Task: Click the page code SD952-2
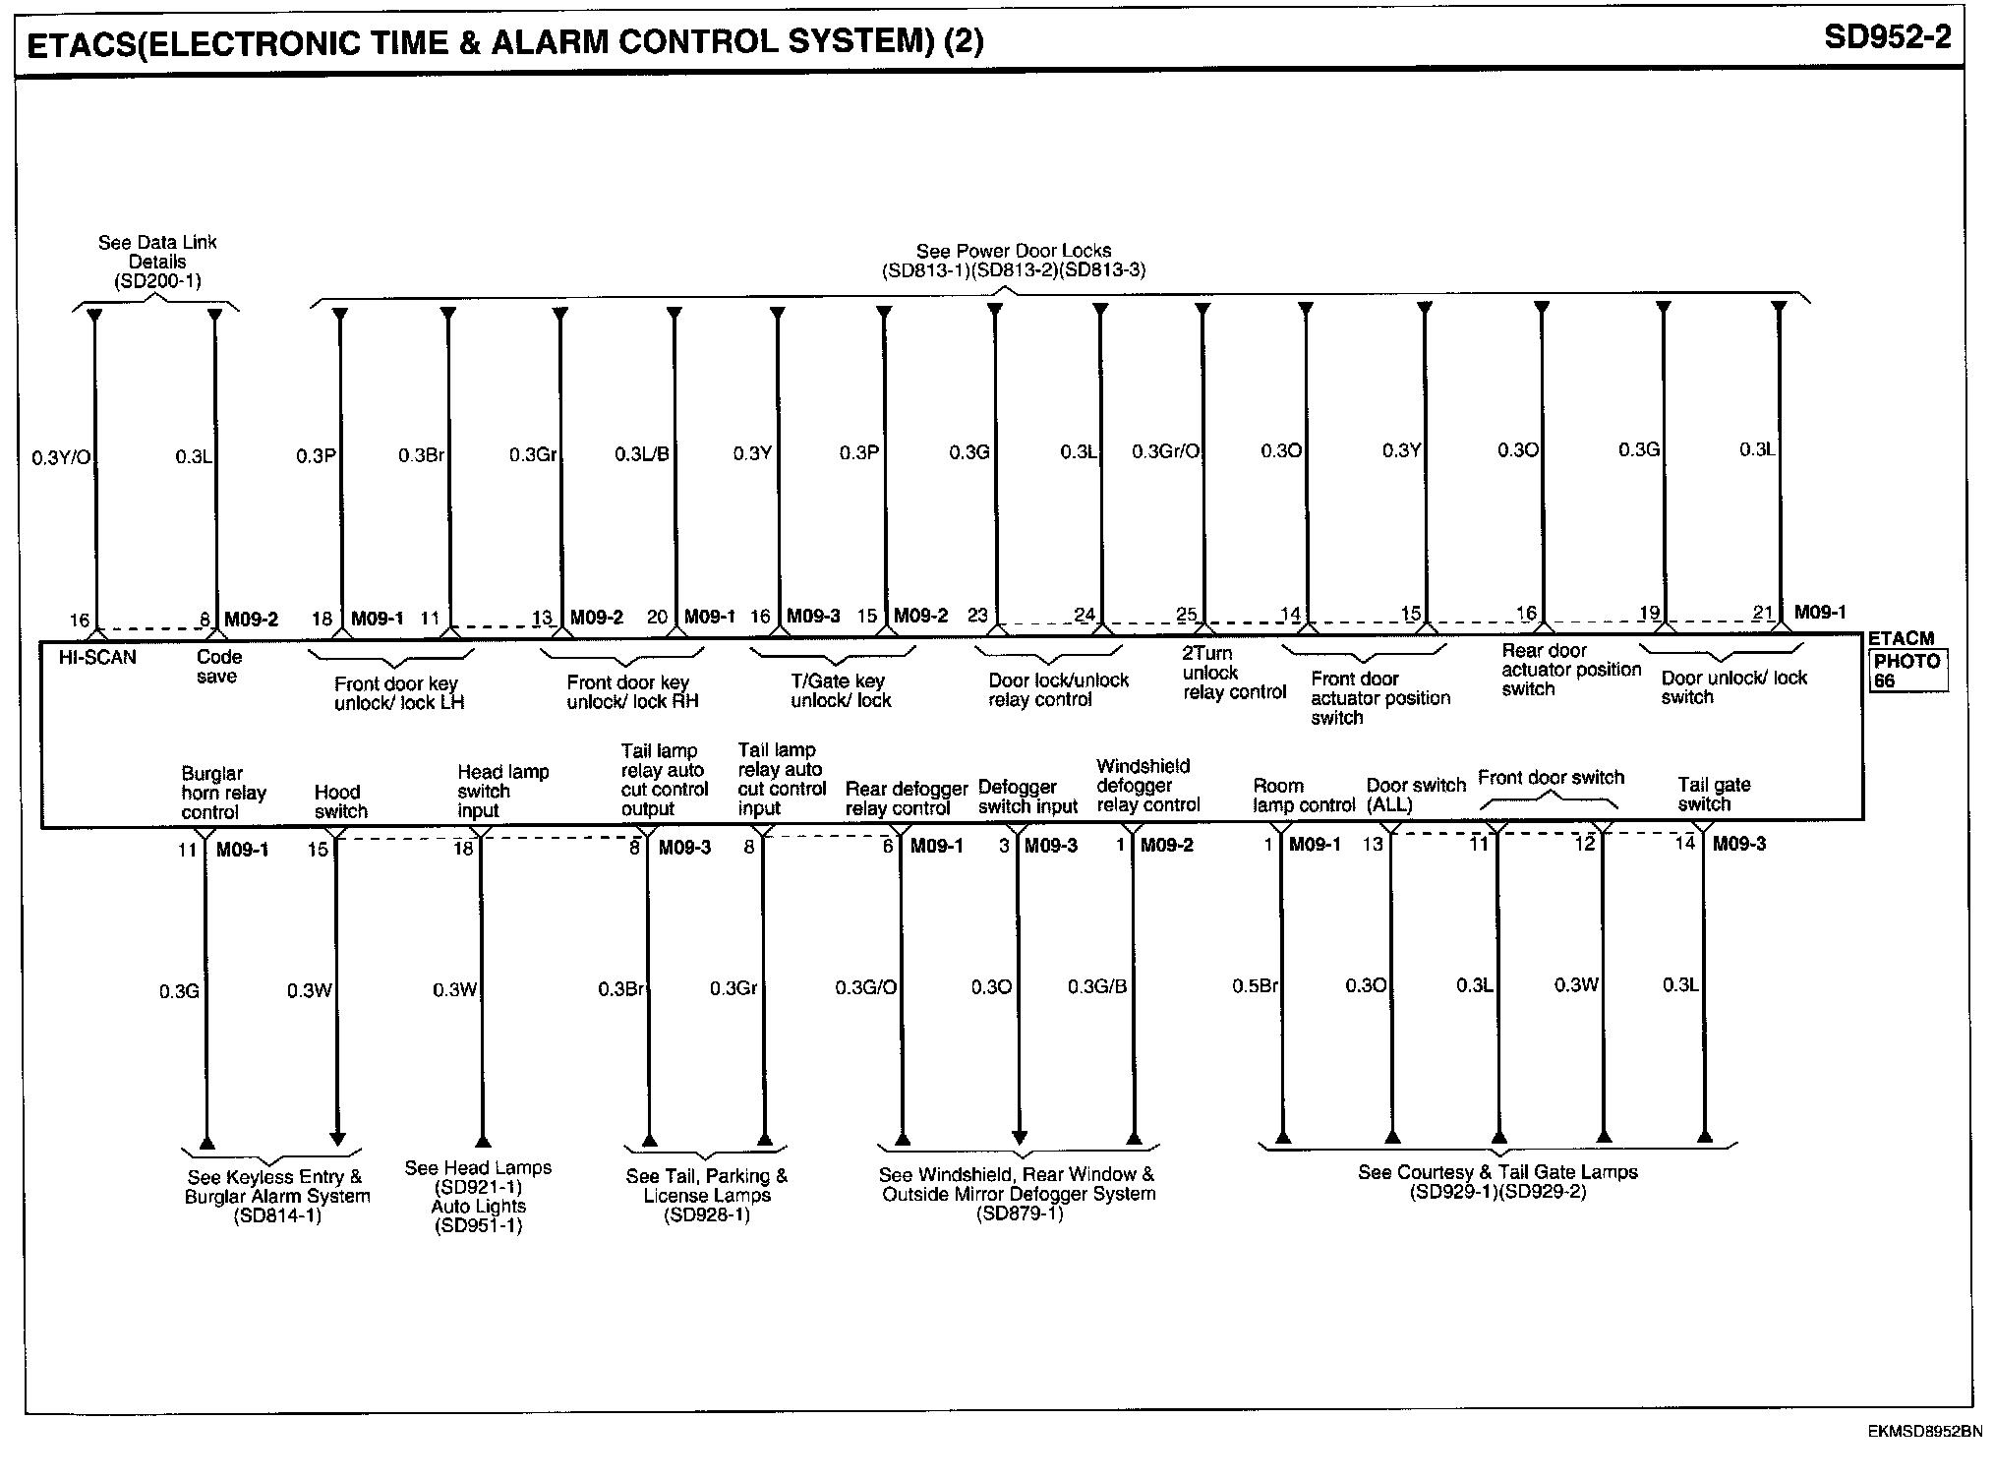click(1887, 37)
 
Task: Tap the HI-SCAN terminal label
click(97, 658)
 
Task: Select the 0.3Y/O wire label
click(61, 457)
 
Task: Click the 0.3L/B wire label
click(642, 454)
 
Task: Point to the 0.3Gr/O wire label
click(1165, 451)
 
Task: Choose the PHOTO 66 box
click(1906, 671)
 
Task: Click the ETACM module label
click(1901, 639)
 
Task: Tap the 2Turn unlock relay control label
click(1233, 673)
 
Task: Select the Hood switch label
click(340, 801)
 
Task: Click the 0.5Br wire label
click(1255, 985)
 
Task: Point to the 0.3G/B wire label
click(1097, 986)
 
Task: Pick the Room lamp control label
click(1303, 796)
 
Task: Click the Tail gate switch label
click(1714, 795)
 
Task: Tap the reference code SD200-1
click(157, 281)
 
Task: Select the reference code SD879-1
click(1020, 1213)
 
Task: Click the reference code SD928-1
click(707, 1215)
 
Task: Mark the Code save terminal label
click(218, 667)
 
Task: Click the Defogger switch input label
click(1027, 798)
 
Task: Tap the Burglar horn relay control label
click(223, 793)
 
